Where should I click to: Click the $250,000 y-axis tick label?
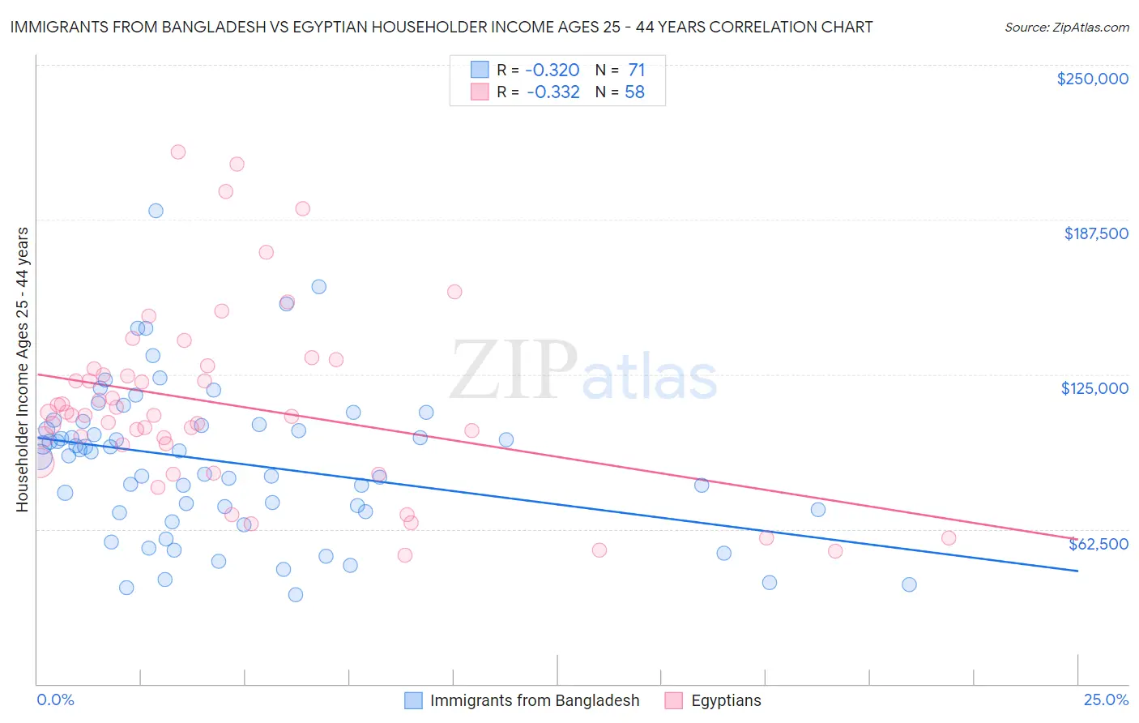tap(1092, 79)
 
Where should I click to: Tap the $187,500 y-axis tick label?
tap(1095, 233)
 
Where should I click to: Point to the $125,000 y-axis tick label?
tap(1094, 388)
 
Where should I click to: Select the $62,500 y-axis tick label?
tap(1098, 544)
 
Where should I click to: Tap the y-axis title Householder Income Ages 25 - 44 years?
tap(23, 370)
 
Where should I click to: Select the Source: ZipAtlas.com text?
tap(1066, 28)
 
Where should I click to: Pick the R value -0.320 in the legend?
tap(552, 70)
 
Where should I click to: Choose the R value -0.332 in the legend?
tap(552, 92)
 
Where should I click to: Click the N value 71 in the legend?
tap(636, 70)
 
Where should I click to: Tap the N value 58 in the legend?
tap(634, 92)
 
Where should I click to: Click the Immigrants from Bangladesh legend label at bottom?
tap(535, 701)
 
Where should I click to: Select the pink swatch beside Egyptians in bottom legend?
tap(674, 701)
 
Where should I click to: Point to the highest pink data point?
tap(178, 152)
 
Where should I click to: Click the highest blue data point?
tap(156, 211)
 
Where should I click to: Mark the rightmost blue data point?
tap(909, 584)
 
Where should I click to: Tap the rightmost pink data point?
tap(949, 538)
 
